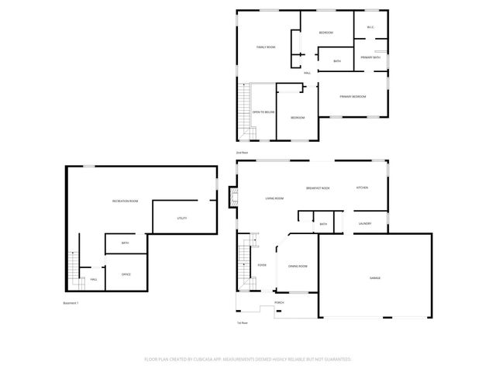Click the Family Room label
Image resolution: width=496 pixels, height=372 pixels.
point(266,47)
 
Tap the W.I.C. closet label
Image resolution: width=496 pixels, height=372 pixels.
point(370,29)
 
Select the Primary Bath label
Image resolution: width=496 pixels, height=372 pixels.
point(370,58)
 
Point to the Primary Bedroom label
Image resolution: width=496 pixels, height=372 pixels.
point(353,97)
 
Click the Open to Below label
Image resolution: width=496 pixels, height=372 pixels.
point(263,112)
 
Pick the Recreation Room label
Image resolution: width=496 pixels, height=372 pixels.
point(125,201)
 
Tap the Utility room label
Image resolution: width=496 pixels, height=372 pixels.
point(182,218)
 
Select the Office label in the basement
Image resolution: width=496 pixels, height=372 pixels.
point(126,274)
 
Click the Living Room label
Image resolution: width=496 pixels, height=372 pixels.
point(274,199)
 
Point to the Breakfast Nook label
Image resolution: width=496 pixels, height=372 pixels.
point(318,188)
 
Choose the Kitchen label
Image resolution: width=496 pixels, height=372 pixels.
point(362,188)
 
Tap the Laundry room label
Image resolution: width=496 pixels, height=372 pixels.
point(365,224)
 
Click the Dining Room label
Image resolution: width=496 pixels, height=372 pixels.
point(298,267)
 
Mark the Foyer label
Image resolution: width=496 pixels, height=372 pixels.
point(262,265)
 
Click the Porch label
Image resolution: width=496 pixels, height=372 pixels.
point(279,303)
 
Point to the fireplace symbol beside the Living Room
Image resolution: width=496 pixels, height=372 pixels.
point(232,199)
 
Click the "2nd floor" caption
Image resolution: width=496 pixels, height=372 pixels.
point(242,153)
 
